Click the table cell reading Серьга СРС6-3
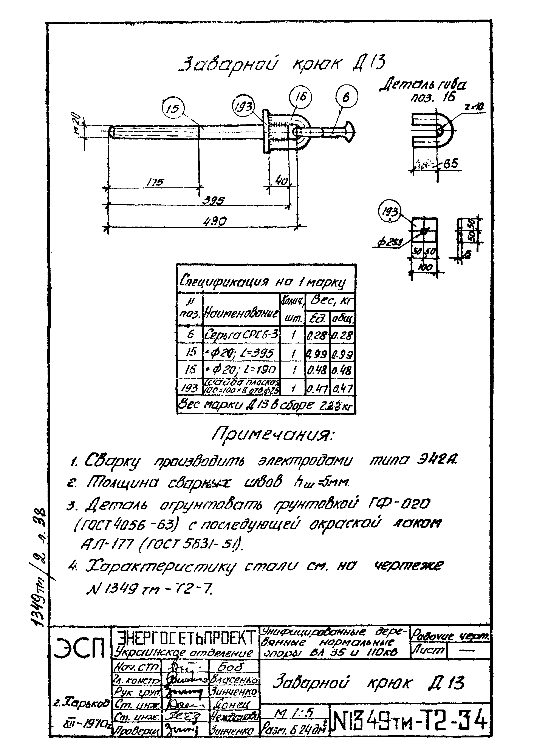coord(242,335)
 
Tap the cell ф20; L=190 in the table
coord(242,370)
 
